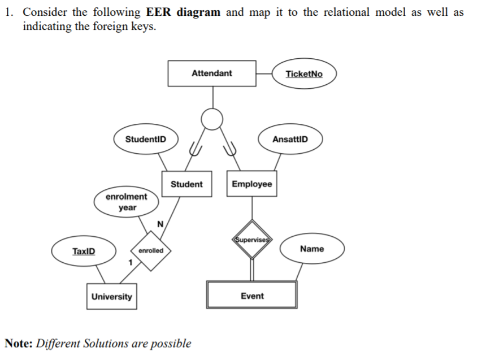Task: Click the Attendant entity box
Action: (x=211, y=73)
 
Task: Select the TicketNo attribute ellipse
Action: (x=304, y=74)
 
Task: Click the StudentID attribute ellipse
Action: (x=145, y=139)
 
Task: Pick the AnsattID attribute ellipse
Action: (x=290, y=139)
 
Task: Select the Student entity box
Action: (x=186, y=184)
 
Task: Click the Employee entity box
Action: (x=251, y=184)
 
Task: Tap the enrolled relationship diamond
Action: (x=150, y=250)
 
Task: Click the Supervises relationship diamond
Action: (x=251, y=239)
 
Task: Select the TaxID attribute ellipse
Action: (x=84, y=251)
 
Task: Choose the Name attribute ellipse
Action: (x=312, y=249)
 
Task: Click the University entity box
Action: (x=111, y=297)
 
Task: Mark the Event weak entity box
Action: (x=251, y=296)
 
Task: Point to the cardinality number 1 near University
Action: (x=130, y=263)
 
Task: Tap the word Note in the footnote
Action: (x=18, y=343)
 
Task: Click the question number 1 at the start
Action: (x=8, y=12)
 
